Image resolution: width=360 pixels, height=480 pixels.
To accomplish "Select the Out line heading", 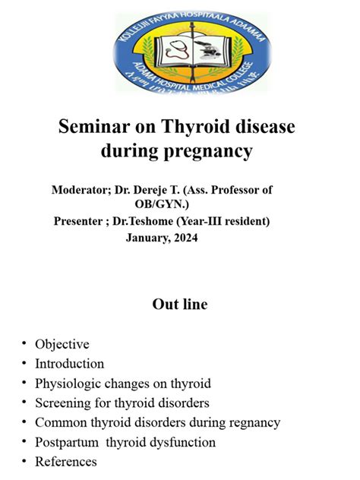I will coord(180,305).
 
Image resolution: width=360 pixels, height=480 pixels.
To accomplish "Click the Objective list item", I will coord(62,344).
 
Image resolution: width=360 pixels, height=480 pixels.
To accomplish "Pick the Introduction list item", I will coord(69,364).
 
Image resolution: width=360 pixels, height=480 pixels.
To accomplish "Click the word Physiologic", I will coord(68,384).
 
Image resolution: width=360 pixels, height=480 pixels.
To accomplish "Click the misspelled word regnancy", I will coord(254,422).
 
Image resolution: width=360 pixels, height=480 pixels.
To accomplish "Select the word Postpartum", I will coord(67,442).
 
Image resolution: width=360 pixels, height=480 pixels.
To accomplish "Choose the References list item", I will coord(65,462).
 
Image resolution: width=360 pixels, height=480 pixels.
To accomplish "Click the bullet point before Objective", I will coord(24,345).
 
